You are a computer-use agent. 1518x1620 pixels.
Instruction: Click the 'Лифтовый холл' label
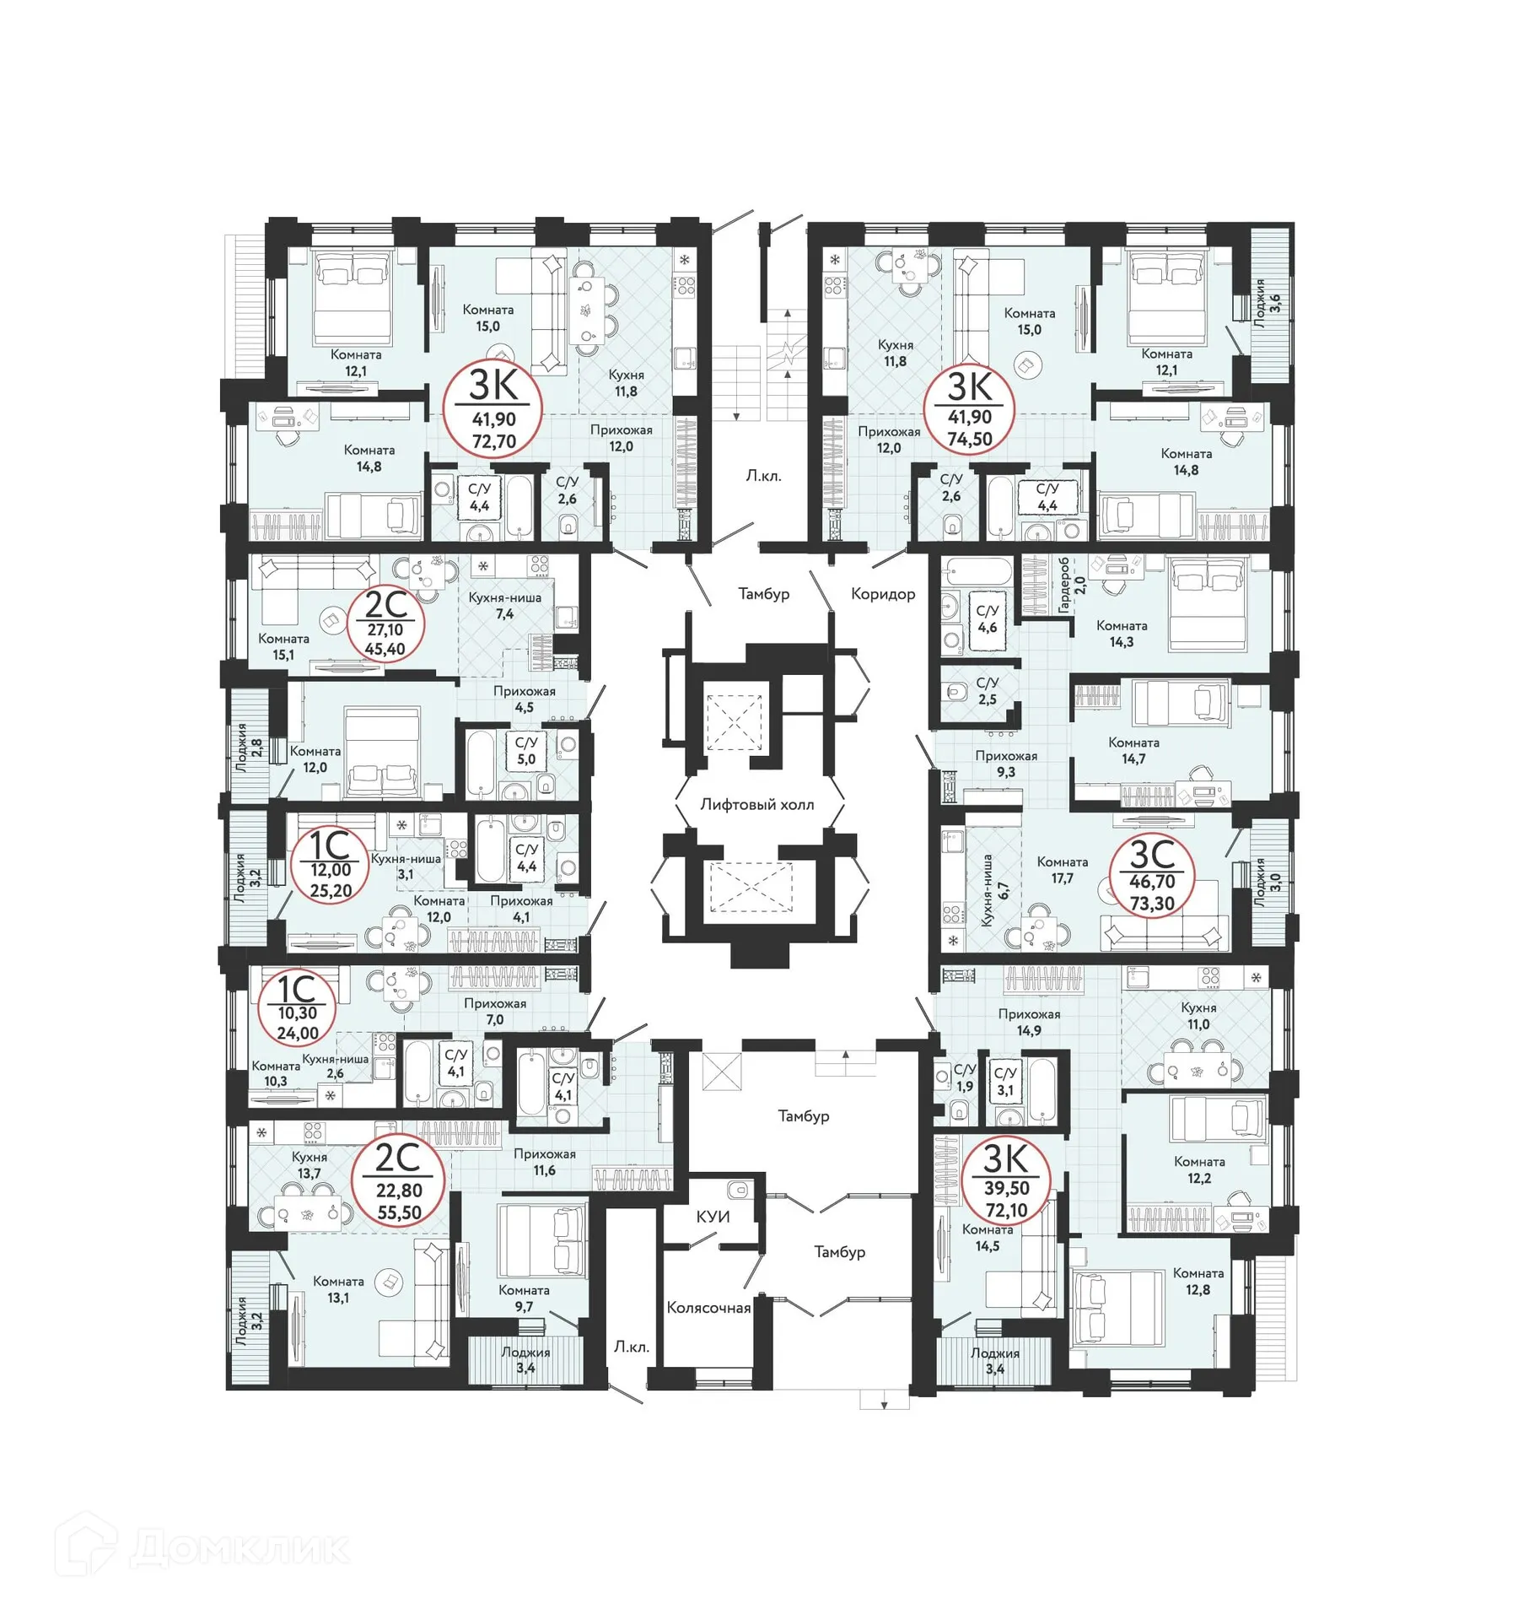pos(756,804)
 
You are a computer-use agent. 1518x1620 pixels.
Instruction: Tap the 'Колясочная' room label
pos(708,1307)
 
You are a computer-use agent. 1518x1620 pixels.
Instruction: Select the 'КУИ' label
pos(713,1216)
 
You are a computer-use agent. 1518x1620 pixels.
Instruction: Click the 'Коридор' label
pos(882,593)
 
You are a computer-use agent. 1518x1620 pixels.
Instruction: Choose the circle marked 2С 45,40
pos(385,624)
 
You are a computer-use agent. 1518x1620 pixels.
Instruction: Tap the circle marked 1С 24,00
pos(297,1008)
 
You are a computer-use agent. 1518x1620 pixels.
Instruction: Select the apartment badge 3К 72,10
pos(1006,1185)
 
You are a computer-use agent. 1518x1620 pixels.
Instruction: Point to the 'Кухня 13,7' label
pos(310,1164)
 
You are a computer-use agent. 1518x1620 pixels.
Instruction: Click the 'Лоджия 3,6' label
pos(1267,302)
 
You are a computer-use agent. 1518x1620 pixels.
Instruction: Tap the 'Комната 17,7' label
pos(1062,869)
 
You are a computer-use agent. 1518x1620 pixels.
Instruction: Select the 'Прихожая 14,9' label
pos(1029,1022)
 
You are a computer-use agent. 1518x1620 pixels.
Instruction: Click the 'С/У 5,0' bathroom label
pos(526,750)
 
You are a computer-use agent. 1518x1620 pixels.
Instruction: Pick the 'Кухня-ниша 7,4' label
pos(504,605)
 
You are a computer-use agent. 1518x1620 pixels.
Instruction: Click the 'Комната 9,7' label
pos(524,1298)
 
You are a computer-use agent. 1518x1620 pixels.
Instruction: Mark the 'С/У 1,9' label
pos(965,1077)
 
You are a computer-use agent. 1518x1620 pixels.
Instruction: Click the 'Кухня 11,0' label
pos(1198,1016)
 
